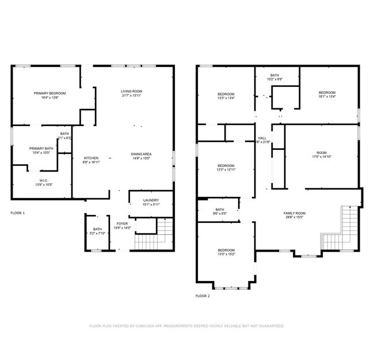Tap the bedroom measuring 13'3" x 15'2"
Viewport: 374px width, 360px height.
click(x=226, y=252)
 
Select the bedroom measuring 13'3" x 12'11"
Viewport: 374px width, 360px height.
click(x=226, y=168)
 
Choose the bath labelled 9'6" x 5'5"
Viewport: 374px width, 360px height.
click(x=220, y=211)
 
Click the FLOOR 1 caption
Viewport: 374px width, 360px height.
click(x=18, y=213)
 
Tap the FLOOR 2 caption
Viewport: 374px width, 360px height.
click(x=203, y=296)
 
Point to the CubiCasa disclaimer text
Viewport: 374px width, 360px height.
click(x=186, y=326)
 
